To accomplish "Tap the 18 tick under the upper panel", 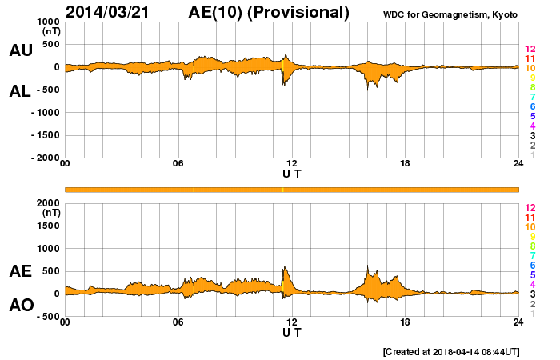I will [405, 164].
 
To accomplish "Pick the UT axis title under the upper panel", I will [292, 174].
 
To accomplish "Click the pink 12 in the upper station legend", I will [530, 50].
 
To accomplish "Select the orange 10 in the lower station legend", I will [530, 227].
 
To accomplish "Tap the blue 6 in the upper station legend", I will [532, 106].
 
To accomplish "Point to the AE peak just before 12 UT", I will [284, 267].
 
